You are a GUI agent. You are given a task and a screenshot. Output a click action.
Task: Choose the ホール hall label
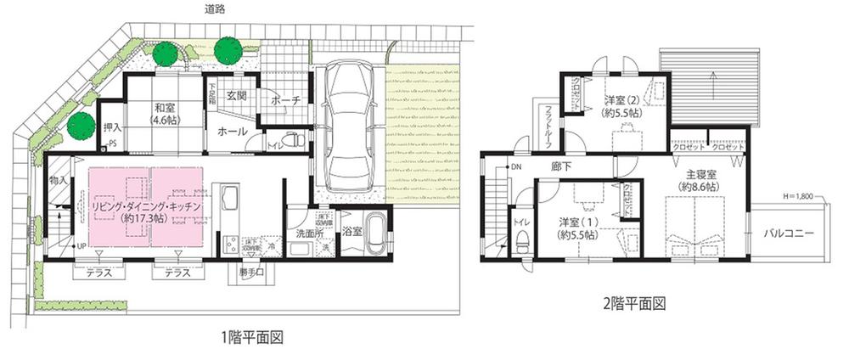click(x=232, y=132)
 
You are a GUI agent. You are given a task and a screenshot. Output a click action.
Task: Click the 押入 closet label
click(x=112, y=127)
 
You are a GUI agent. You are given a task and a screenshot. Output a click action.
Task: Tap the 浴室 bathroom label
click(x=351, y=230)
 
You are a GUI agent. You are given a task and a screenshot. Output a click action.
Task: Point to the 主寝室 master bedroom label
click(x=699, y=179)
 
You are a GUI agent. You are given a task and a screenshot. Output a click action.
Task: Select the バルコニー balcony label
click(x=789, y=232)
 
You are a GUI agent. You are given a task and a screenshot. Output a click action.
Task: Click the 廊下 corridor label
click(x=560, y=166)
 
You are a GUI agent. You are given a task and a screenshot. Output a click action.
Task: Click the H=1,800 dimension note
click(x=795, y=197)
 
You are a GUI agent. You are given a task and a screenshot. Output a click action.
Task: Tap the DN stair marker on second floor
click(x=515, y=167)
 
